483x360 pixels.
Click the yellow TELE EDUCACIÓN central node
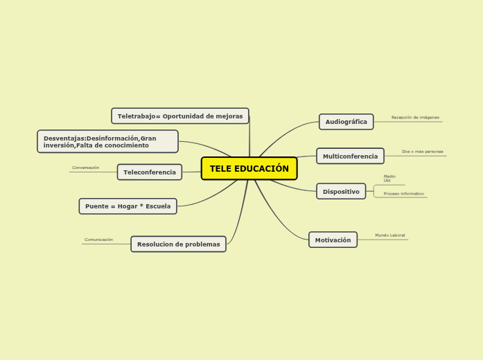[x=249, y=168]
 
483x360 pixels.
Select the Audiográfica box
[x=346, y=122]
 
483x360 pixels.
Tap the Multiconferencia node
[x=350, y=156]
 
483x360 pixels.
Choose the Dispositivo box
[x=341, y=191]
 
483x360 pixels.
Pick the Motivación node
[x=333, y=240]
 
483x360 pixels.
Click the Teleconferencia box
[x=149, y=172]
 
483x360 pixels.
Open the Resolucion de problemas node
[x=178, y=244]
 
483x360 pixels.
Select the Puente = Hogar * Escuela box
[x=128, y=206]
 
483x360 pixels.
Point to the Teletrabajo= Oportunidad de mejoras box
[x=179, y=116]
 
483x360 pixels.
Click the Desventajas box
[x=107, y=141]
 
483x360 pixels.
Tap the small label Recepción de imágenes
[x=415, y=118]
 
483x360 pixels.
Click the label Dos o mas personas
[x=422, y=152]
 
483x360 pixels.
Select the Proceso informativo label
[x=403, y=194]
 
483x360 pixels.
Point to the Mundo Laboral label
[x=390, y=235]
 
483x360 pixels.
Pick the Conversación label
[x=86, y=168]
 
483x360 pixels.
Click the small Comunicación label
[x=98, y=240]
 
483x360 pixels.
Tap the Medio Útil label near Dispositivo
[x=389, y=178]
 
